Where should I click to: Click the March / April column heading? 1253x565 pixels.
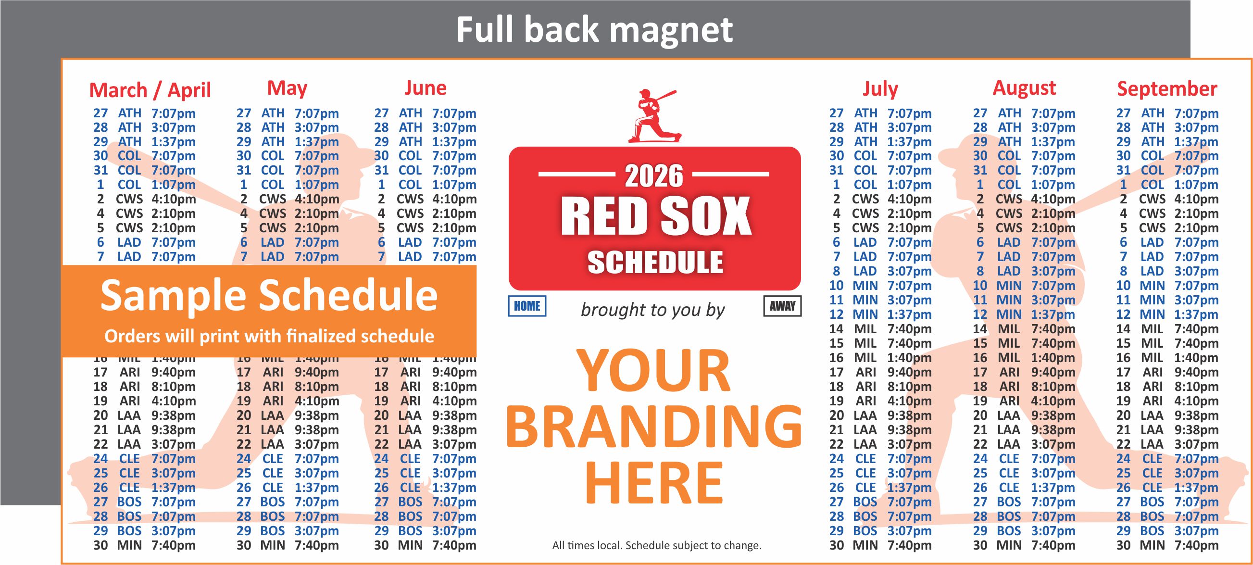pos(150,90)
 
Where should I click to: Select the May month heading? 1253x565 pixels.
pos(287,88)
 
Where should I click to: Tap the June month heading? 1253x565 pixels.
pos(425,88)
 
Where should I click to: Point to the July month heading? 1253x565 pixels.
pos(880,89)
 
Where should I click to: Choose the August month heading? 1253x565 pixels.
pos(1024,88)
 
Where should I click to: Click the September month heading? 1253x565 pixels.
pos(1167,89)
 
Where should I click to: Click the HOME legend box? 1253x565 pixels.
pos(527,306)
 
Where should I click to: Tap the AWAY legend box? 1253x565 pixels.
pos(782,306)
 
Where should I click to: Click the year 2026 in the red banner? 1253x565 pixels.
pos(654,176)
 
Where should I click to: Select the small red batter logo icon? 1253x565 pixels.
pos(654,116)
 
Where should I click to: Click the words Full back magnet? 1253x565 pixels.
pos(594,30)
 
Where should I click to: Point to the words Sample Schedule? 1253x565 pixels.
pos(268,295)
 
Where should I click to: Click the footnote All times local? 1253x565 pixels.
pos(656,546)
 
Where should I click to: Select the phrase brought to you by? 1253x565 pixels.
pos(653,310)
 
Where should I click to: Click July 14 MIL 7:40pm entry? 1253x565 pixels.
pos(880,329)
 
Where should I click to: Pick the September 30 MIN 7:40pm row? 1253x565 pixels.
pos(1167,545)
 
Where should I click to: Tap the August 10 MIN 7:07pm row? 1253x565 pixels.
pos(1024,286)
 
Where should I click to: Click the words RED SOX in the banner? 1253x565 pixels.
pos(656,216)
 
